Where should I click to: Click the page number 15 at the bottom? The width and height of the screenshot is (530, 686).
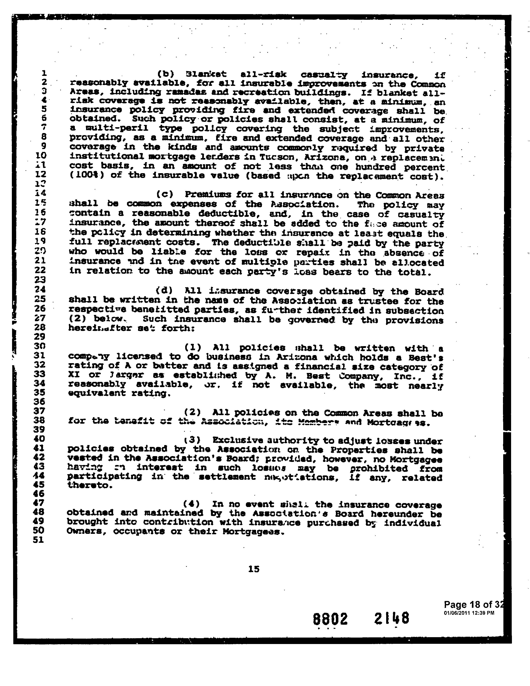(254, 569)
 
